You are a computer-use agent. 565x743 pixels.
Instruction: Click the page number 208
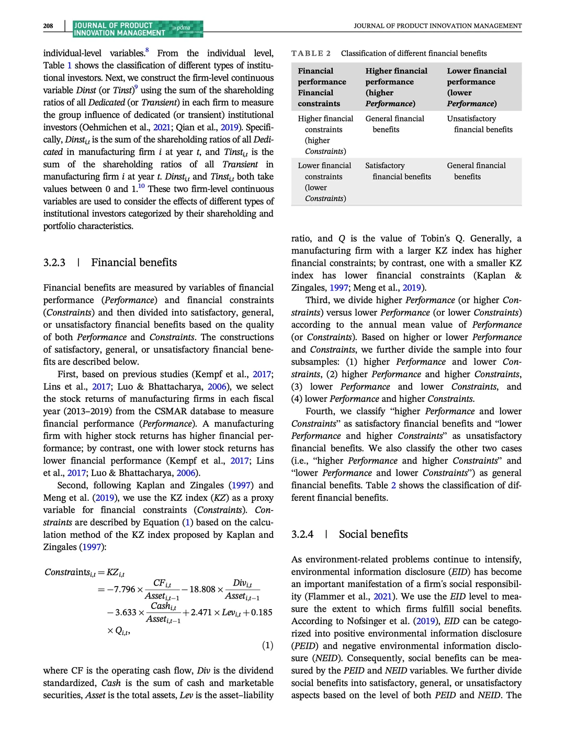(48, 26)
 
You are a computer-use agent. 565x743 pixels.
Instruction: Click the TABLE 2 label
(311, 53)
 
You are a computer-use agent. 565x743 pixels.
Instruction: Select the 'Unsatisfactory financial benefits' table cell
(479, 124)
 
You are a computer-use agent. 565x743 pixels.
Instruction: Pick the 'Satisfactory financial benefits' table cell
(398, 171)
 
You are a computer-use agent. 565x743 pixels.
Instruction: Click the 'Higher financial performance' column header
(396, 87)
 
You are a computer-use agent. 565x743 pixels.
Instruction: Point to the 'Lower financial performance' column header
(476, 87)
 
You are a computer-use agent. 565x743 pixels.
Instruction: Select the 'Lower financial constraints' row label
(324, 182)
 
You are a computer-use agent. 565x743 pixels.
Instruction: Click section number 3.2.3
(54, 263)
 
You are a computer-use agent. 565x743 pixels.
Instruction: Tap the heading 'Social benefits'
(373, 534)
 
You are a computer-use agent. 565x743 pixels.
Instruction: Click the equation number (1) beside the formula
(267, 645)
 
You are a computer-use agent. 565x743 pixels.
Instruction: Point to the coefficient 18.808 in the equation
(202, 589)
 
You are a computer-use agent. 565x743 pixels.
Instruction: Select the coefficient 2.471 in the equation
(201, 612)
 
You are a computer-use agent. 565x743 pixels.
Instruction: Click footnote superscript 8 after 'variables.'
(147, 50)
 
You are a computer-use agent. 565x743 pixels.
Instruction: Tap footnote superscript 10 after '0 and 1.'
(141, 186)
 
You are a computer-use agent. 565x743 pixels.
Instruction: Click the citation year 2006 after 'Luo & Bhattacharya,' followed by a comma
(217, 387)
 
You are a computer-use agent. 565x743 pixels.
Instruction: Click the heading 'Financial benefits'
(134, 263)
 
